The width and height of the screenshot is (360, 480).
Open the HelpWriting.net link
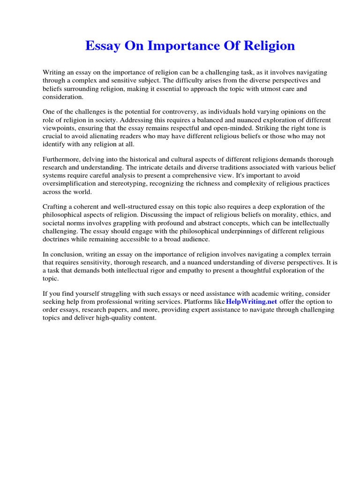(251, 301)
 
